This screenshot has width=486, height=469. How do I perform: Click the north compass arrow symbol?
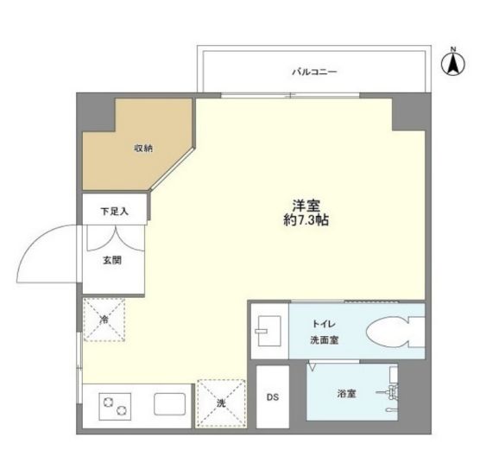click(454, 64)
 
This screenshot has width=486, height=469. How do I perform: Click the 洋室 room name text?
click(306, 206)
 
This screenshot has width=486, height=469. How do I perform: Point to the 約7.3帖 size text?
click(307, 221)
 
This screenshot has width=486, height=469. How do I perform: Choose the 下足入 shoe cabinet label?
click(114, 210)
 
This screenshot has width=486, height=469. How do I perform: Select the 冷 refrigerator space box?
click(104, 320)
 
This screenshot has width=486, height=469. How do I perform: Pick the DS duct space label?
click(272, 397)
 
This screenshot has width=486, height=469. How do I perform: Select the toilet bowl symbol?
click(394, 332)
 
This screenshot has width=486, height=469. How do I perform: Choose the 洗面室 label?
click(324, 340)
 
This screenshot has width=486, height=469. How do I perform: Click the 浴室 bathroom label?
click(347, 394)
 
